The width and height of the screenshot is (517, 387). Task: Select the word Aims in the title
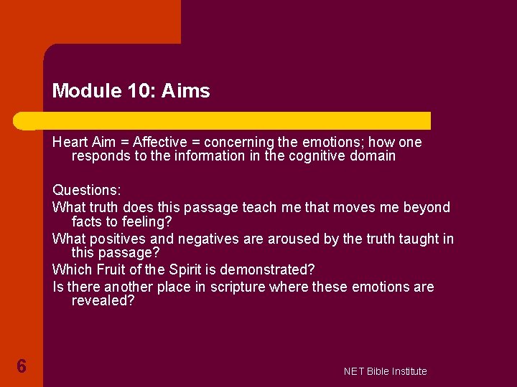tap(186, 91)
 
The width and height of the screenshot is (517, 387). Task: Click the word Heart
tap(70, 142)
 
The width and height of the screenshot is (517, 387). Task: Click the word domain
tap(372, 156)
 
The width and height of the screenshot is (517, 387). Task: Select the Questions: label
tap(87, 191)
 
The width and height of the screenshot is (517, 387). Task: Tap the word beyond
tap(426, 207)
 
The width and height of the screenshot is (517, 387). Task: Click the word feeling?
tap(147, 221)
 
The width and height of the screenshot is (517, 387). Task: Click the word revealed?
tap(103, 301)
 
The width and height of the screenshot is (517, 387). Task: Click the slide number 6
tap(22, 367)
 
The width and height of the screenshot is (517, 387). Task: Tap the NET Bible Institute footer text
tap(385, 371)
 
